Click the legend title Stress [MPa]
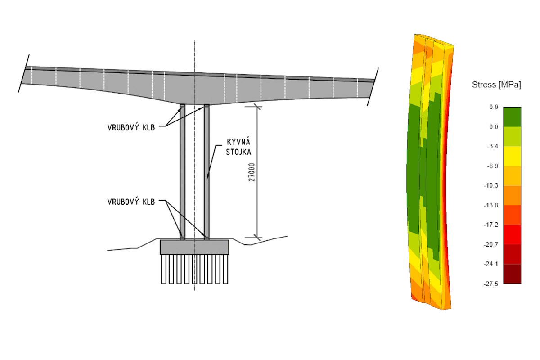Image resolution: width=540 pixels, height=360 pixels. tap(496, 85)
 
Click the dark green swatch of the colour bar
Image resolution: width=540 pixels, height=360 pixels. tap(512, 117)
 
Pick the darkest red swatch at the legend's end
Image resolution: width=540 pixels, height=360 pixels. tap(512, 274)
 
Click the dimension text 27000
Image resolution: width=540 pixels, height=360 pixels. tap(252, 172)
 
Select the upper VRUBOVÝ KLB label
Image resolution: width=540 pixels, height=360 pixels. tap(131, 127)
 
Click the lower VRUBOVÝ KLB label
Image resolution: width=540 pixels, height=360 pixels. tap(131, 202)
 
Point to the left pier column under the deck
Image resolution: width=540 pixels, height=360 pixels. tap(182, 171)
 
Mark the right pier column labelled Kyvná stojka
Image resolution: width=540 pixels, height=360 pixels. tap(207, 171)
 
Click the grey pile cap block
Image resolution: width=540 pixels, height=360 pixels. tap(194, 247)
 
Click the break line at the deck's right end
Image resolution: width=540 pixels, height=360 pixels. tap(373, 87)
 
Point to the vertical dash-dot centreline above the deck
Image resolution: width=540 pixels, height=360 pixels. tap(194, 54)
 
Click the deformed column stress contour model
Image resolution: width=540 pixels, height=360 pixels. tap(430, 171)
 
